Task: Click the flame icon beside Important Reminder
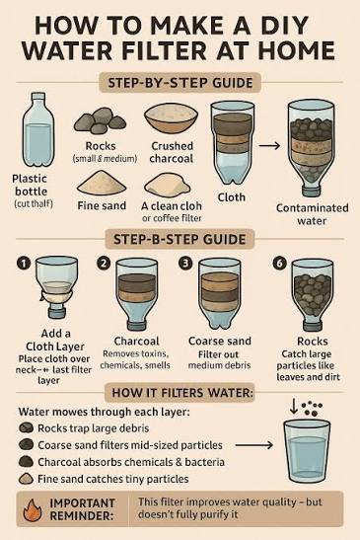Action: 33,509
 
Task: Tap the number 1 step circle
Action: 24,264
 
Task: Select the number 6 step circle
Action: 279,264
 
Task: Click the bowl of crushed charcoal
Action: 171,118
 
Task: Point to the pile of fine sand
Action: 102,183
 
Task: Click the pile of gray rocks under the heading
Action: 100,120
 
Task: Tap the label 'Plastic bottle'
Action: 30,185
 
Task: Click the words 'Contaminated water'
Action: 312,214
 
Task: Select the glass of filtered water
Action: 307,451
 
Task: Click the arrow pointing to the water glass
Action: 254,445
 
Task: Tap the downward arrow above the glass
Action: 294,407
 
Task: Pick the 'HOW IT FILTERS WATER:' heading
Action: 182,393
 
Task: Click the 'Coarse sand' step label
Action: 220,341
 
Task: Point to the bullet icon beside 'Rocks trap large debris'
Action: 27,428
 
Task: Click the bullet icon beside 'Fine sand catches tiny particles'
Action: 27,479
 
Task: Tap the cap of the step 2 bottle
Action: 137,326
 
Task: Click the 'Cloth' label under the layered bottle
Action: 231,197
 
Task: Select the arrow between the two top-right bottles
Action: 269,146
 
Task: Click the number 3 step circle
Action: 185,264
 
